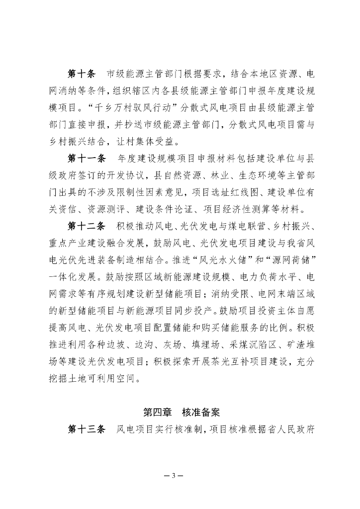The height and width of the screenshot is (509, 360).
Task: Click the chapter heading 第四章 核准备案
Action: click(x=181, y=412)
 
